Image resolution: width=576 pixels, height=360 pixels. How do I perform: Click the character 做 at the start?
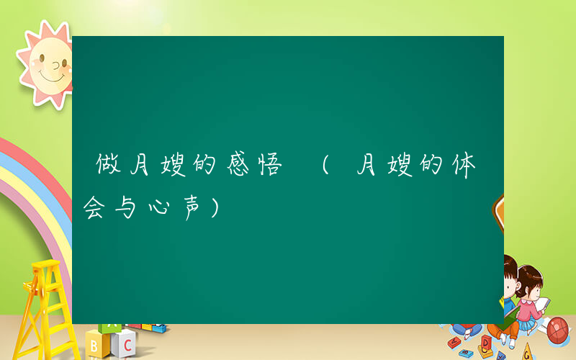pos(107,166)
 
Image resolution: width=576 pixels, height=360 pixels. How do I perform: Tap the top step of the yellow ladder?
pos(44,268)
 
